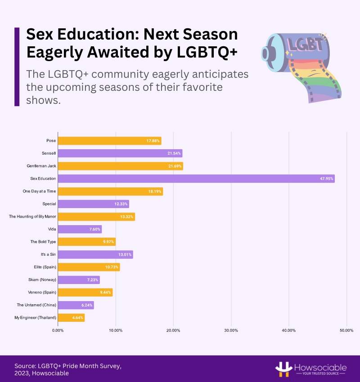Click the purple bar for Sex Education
click(x=196, y=179)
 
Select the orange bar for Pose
click(x=109, y=141)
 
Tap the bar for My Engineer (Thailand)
click(x=71, y=318)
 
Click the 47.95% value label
click(x=326, y=179)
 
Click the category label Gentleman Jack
click(x=41, y=166)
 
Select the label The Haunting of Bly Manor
click(x=32, y=217)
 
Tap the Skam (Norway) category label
click(x=42, y=280)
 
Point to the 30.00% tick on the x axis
click(x=231, y=330)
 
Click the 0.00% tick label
click(x=58, y=330)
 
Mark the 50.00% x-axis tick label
click(x=346, y=330)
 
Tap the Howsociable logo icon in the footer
click(x=282, y=369)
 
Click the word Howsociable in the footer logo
click(x=320, y=366)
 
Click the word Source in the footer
click(x=25, y=366)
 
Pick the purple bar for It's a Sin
click(x=95, y=255)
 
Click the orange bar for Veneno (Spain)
click(x=85, y=293)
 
